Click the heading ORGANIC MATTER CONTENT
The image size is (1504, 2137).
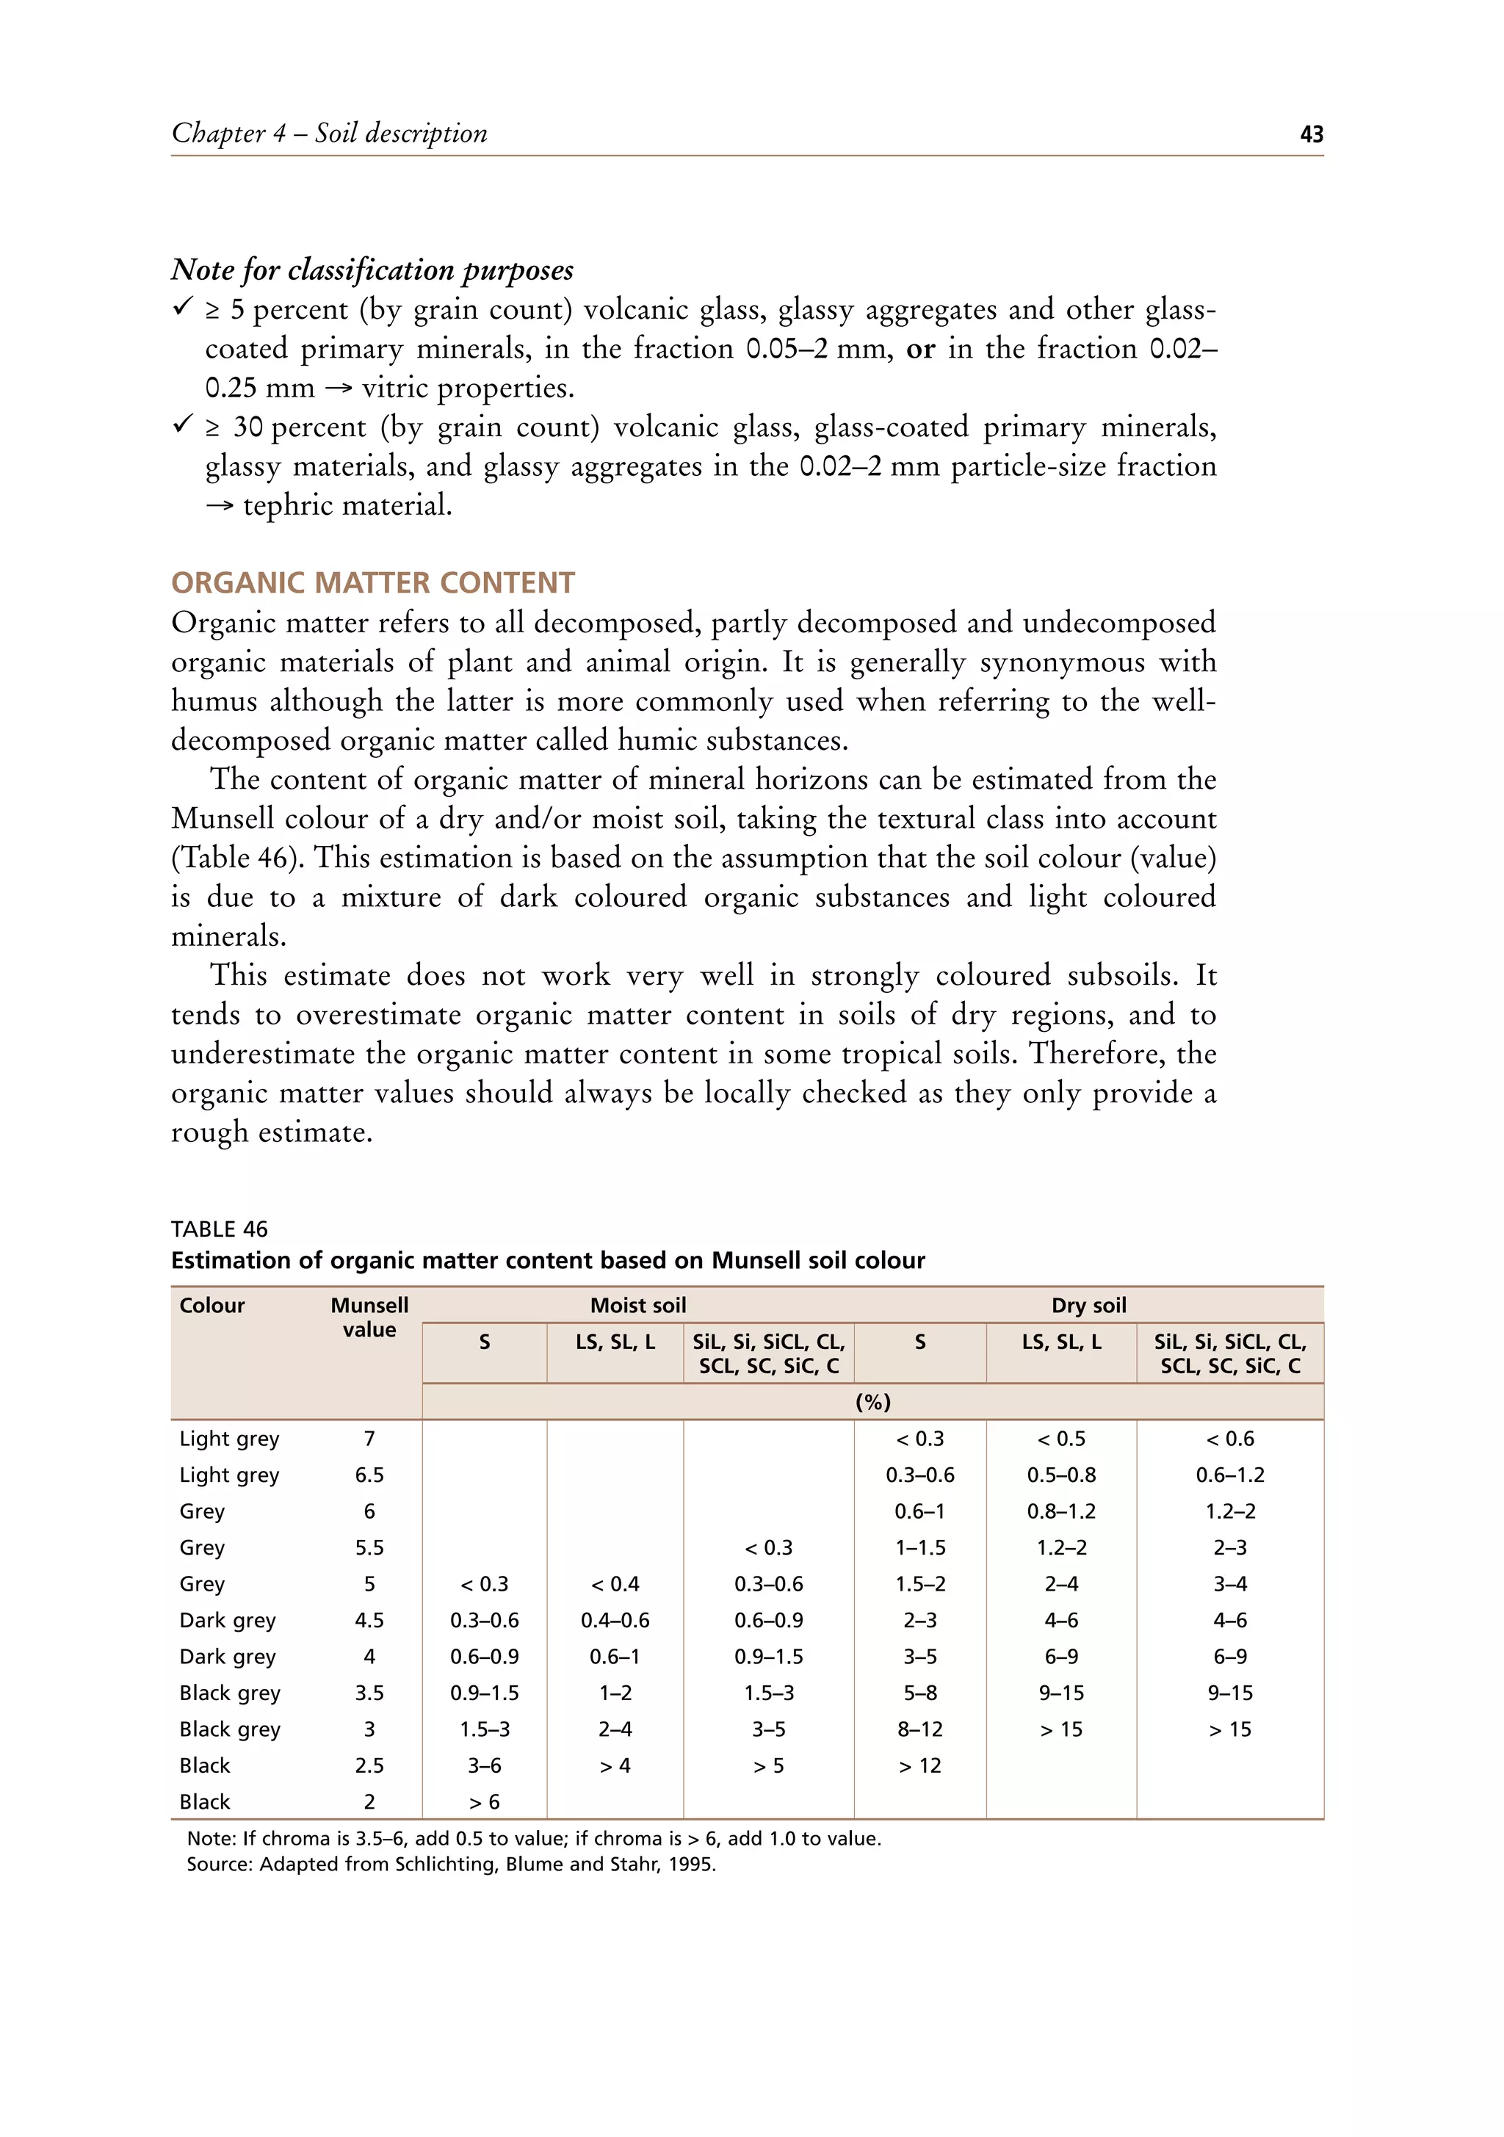[x=372, y=582]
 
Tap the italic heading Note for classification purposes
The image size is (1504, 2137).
[x=372, y=270]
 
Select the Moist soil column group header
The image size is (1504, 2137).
[x=637, y=1305]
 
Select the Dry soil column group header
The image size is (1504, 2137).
[x=1088, y=1305]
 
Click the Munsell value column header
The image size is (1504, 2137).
[x=369, y=1317]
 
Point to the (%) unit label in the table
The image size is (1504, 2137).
[x=872, y=1402]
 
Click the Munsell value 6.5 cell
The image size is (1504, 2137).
[x=369, y=1475]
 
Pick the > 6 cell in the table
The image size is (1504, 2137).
[x=484, y=1802]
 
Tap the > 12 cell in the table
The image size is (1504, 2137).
[x=919, y=1765]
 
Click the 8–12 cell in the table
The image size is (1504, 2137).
[x=919, y=1729]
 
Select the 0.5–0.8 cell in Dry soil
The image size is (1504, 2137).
[x=1061, y=1475]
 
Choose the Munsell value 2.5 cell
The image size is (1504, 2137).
[x=369, y=1765]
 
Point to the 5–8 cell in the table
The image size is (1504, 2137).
[x=919, y=1693]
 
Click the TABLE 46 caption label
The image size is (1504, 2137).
[x=220, y=1229]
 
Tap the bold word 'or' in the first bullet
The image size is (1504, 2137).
[x=919, y=349]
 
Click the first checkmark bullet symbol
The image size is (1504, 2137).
[x=182, y=306]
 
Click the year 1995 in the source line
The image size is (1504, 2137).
[x=692, y=1865]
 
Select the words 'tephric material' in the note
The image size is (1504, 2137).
[x=346, y=506]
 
